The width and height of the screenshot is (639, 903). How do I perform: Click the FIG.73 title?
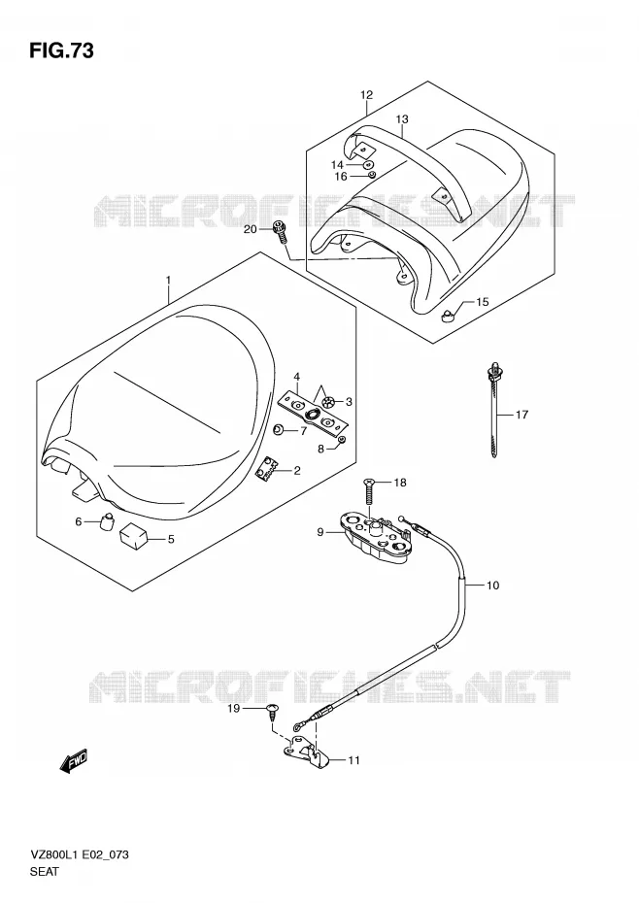pos(61,50)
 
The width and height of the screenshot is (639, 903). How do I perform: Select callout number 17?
pos(521,414)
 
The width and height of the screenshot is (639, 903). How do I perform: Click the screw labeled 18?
pos(370,490)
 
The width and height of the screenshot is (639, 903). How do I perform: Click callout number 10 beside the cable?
pos(492,585)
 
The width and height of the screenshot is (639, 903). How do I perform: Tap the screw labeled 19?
pos(272,712)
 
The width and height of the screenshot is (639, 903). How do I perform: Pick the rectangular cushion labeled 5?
pos(134,538)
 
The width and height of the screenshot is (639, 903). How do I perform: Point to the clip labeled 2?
pos(265,468)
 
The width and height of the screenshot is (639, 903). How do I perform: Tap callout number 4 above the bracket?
pos(297,377)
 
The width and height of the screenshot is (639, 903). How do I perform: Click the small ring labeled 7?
pos(278,429)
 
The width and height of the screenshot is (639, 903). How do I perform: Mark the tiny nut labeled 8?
pos(342,440)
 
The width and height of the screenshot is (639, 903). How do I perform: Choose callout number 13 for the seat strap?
pos(402,119)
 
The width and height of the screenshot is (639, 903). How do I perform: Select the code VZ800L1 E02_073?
pos(79,854)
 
